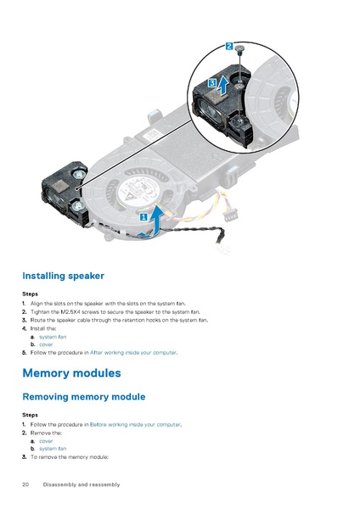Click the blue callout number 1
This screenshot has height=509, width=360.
click(143, 216)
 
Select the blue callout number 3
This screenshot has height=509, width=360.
click(211, 82)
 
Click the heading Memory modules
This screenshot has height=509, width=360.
click(71, 372)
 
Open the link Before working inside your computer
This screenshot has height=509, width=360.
click(136, 424)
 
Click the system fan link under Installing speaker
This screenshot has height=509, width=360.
click(53, 337)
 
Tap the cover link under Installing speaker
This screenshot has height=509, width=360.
click(46, 344)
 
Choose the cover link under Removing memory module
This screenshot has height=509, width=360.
click(46, 441)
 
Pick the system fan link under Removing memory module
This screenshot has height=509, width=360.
click(53, 449)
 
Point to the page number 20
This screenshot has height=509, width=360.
click(26, 484)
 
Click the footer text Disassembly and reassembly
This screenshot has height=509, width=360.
click(82, 484)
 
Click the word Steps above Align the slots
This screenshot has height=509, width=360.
click(30, 294)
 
